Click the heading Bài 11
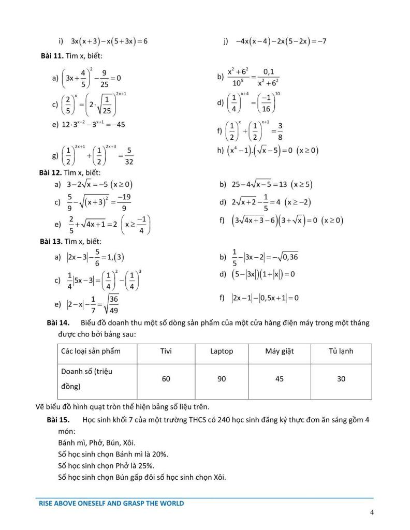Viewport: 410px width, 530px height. pos(51,56)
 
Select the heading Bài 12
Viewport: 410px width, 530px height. pos(51,172)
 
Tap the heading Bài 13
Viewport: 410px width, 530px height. pos(51,241)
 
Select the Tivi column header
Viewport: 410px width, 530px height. pos(166,351)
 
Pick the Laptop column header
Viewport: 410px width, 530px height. pos(222,351)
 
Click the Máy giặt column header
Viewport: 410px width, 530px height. pos(280,351)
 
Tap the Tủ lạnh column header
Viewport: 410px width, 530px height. pos(341,351)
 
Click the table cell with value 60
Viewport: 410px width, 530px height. pos(166,379)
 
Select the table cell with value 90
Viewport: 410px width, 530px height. pos(222,379)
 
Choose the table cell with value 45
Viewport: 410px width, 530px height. pos(280,379)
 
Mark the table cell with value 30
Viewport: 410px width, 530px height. pos(341,379)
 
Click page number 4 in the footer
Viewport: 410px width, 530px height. pos(372,513)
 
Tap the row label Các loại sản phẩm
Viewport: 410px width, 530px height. pos(91,351)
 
